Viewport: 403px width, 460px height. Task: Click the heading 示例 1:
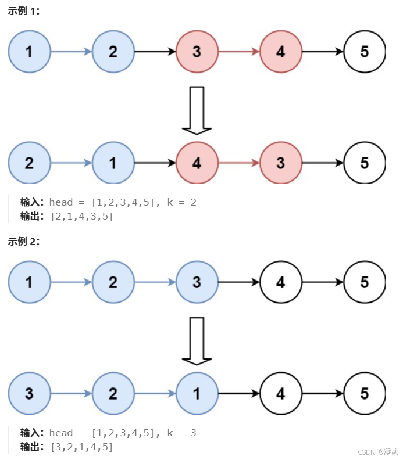click(x=24, y=11)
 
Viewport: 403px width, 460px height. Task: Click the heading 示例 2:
click(x=24, y=242)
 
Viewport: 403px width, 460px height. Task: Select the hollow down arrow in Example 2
click(x=197, y=340)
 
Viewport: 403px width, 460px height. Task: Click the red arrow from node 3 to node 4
click(x=238, y=52)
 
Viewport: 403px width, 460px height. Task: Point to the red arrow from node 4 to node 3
click(x=238, y=163)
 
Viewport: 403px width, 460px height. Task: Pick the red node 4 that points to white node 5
click(x=280, y=52)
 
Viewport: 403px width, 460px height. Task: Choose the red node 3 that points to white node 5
click(x=280, y=163)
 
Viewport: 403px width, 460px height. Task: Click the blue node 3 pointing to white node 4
click(x=197, y=282)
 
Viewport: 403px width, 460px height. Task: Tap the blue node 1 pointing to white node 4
click(x=197, y=394)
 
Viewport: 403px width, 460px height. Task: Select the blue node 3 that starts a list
click(x=29, y=394)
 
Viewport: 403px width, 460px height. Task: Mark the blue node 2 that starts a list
click(x=29, y=163)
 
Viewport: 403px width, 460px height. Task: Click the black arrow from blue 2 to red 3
click(x=155, y=52)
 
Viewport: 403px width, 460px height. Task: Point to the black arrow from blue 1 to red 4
click(x=155, y=163)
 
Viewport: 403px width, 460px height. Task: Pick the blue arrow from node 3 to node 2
click(x=71, y=394)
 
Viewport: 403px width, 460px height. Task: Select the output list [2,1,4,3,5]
click(x=82, y=217)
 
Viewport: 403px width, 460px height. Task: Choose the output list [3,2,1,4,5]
click(x=82, y=447)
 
